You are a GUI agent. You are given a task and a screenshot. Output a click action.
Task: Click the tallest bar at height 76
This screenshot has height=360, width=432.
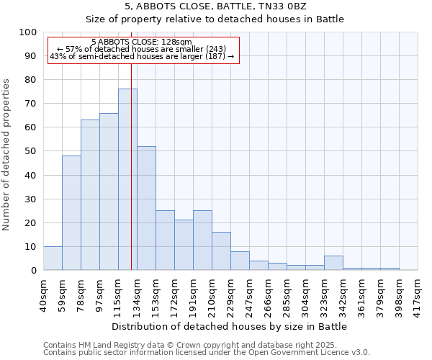(x=127, y=179)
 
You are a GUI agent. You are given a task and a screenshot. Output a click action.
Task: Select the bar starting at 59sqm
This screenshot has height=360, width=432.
(x=71, y=212)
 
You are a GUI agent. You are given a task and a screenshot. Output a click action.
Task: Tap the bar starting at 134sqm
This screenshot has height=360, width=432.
(x=146, y=208)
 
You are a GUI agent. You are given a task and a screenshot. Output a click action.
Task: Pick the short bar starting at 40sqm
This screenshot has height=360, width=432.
(x=53, y=258)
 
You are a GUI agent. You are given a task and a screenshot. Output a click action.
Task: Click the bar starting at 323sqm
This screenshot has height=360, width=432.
(x=333, y=263)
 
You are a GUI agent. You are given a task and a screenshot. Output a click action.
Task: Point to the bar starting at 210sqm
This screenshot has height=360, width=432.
(x=221, y=251)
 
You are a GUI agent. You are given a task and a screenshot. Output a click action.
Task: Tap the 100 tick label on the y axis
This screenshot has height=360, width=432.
(x=28, y=32)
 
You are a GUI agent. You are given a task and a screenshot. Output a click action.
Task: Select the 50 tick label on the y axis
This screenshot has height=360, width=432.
(x=31, y=151)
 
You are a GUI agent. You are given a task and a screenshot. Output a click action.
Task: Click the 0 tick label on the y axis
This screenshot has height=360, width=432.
(x=34, y=271)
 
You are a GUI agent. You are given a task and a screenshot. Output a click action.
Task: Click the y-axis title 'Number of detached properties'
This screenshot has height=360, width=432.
(x=7, y=155)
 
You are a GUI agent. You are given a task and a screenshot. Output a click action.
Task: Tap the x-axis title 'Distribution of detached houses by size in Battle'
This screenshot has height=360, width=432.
(x=230, y=326)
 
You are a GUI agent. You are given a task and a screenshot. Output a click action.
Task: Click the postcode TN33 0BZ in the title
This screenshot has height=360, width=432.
(x=287, y=6)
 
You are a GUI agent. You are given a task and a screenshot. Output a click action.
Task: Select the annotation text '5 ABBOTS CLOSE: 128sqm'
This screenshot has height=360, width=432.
(x=142, y=42)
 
